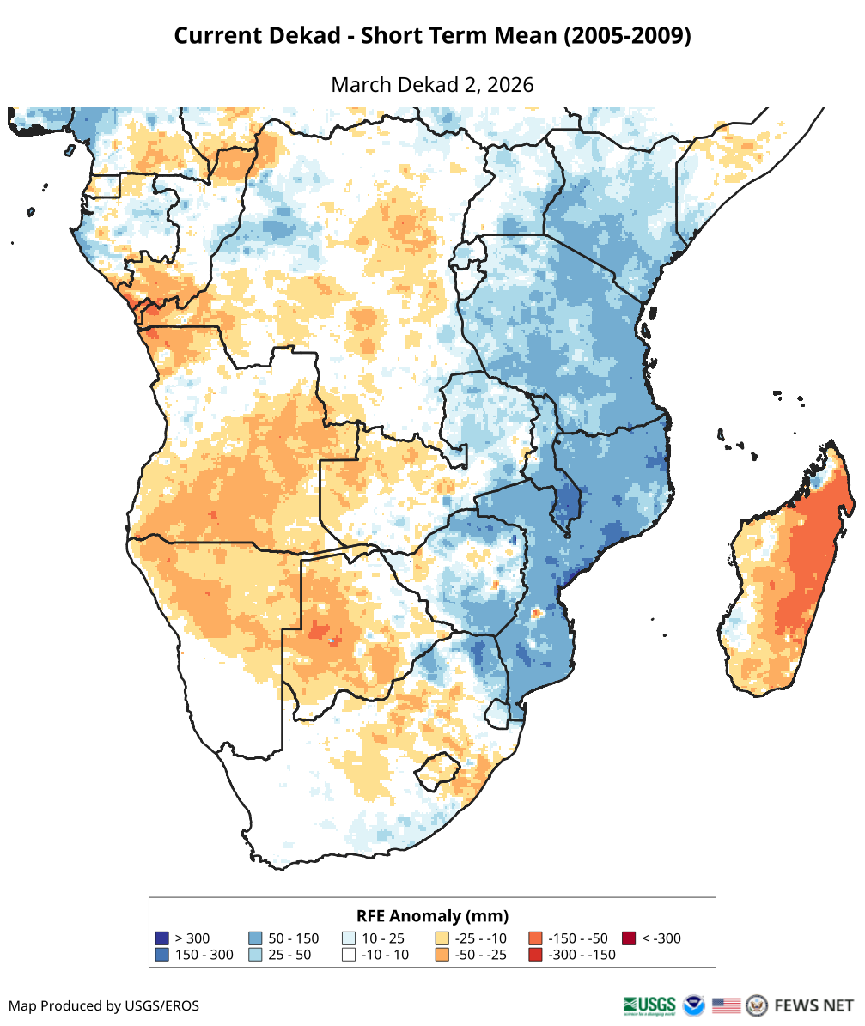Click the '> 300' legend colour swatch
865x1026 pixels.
[161, 938]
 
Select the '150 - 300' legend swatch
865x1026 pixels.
[161, 955]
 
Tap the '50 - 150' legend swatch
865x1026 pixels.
[255, 938]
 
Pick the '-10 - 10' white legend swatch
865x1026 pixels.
[349, 955]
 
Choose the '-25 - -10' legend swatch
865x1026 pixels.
[442, 938]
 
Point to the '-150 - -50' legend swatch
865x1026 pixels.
[535, 938]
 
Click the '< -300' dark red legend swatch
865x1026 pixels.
[629, 938]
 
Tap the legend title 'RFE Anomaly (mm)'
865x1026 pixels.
[432, 915]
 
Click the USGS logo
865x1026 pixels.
[649, 1005]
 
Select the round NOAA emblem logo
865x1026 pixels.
[693, 1005]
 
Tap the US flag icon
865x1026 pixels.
[726, 1005]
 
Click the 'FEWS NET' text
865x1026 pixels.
[813, 1005]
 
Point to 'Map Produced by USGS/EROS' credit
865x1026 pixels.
[104, 1005]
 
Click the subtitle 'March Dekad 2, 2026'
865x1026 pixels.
[432, 85]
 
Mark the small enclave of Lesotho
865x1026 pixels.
[436, 769]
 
